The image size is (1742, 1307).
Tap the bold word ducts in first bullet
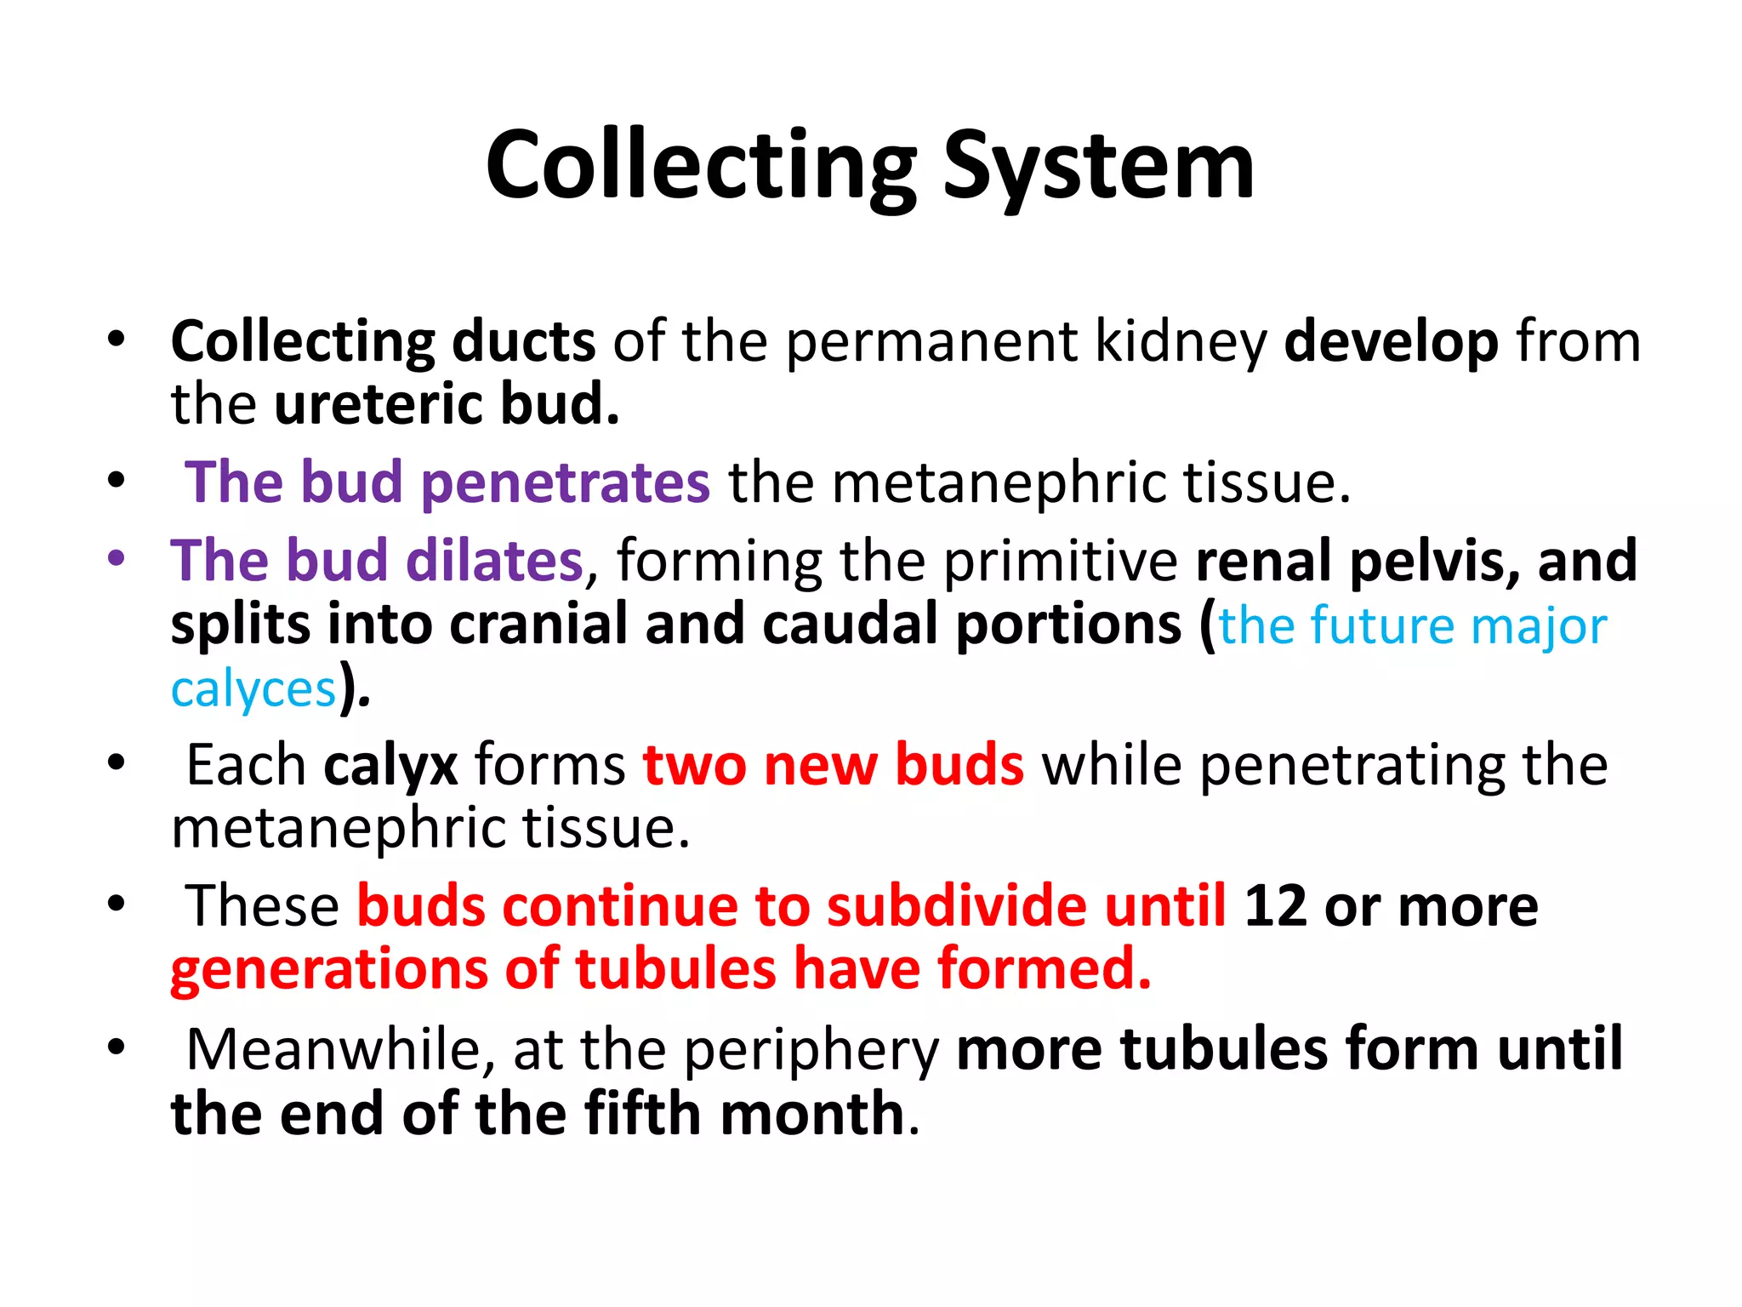click(523, 342)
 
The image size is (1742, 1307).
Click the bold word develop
click(1391, 342)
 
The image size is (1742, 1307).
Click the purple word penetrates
click(565, 482)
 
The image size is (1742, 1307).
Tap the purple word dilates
click(494, 561)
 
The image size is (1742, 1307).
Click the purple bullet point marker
click(117, 559)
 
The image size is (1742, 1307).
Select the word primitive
click(1060, 561)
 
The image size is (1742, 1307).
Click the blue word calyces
click(253, 688)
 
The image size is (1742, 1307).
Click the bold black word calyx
click(390, 765)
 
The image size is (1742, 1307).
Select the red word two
click(693, 765)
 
